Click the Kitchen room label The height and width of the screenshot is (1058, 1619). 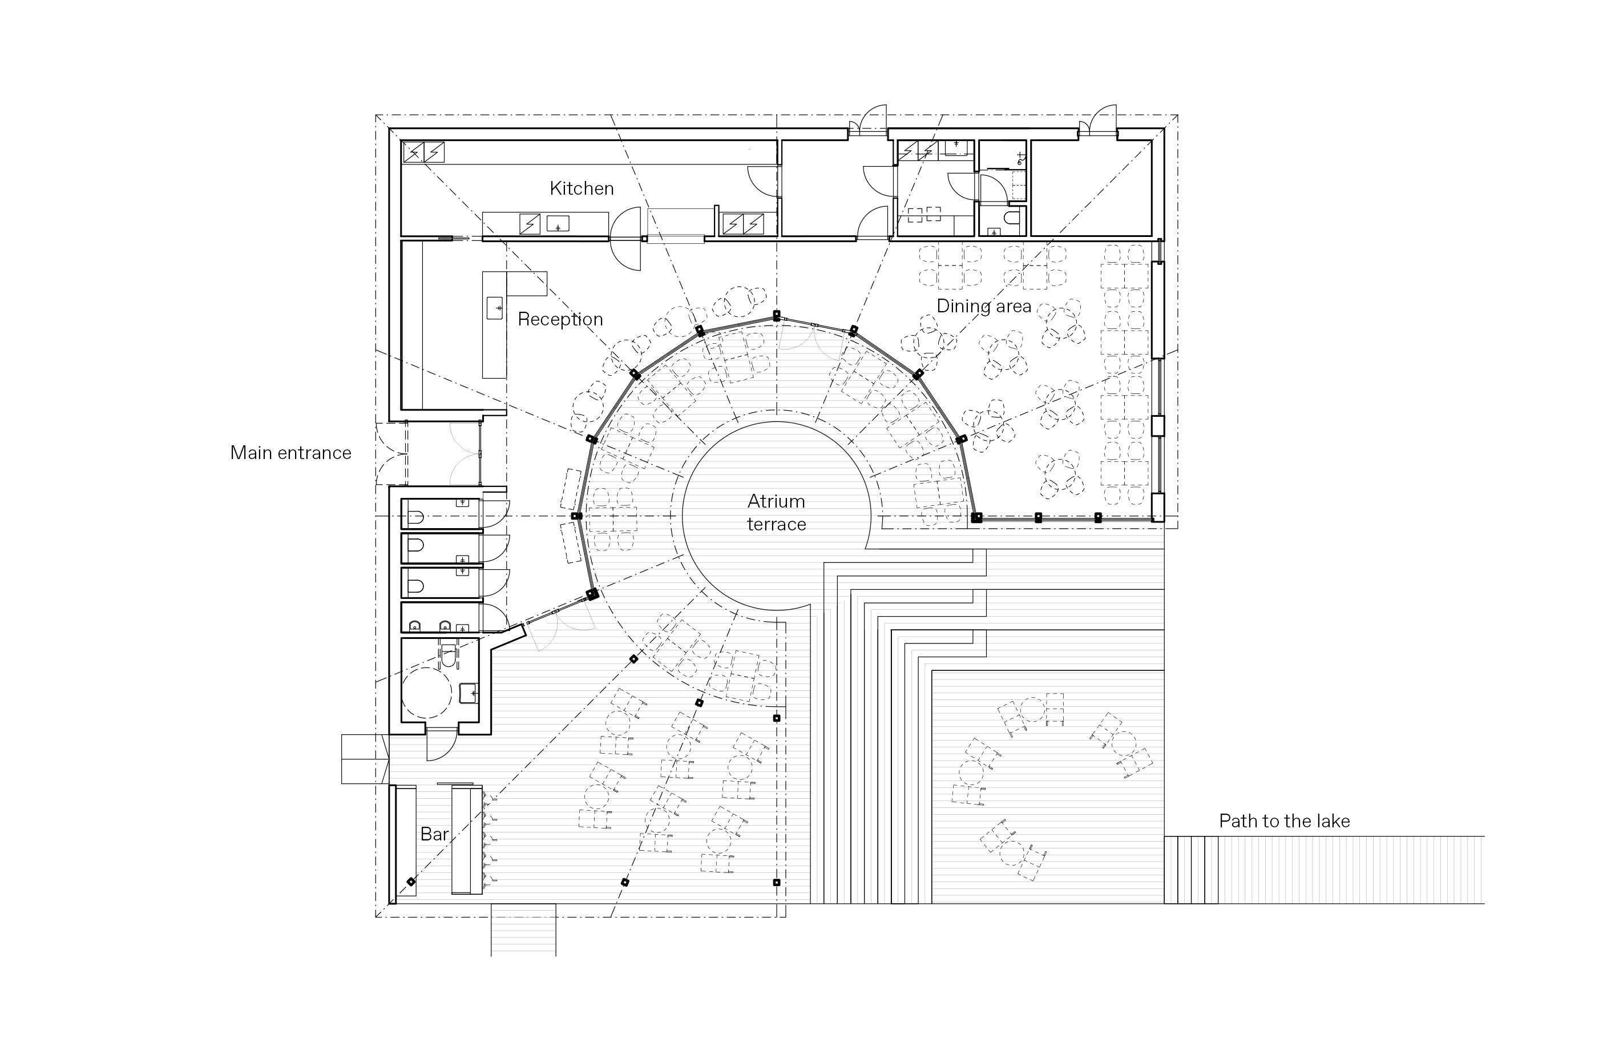582,188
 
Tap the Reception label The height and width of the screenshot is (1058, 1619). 560,320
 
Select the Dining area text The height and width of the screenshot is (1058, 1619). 984,307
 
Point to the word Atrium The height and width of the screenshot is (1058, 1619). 776,501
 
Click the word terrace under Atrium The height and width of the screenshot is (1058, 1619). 776,525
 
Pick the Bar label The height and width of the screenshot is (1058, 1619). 434,834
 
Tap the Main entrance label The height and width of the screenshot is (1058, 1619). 290,453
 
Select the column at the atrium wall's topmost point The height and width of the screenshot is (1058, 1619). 776,316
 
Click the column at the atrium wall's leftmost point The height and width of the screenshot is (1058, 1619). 576,516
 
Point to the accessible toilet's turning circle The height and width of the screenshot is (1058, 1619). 426,693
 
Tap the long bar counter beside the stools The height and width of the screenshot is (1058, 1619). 467,839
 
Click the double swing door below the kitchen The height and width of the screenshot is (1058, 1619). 626,239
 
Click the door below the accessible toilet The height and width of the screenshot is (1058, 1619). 441,743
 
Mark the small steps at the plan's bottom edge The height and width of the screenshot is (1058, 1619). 523,930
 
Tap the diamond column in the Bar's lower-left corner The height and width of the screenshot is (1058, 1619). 411,883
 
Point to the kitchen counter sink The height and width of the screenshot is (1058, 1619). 558,223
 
